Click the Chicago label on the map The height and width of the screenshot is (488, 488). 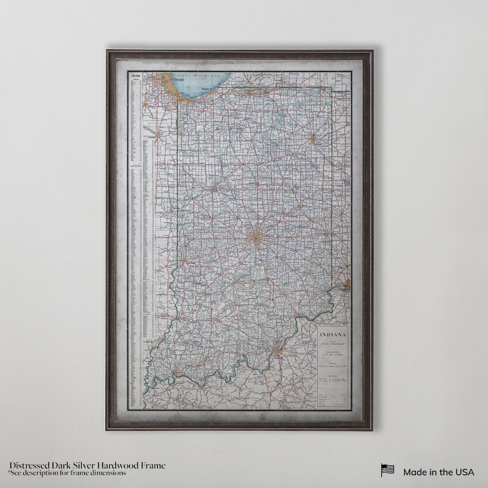point(179,80)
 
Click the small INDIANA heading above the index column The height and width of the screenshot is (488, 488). point(134,76)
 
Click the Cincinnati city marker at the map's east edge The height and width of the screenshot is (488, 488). point(346,284)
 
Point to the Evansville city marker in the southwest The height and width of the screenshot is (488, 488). point(174,373)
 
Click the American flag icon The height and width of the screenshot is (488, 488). point(387,471)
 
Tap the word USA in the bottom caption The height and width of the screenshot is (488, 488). point(464,472)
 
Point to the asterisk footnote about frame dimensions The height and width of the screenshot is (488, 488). point(67,473)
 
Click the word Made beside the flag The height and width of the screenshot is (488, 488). point(415,472)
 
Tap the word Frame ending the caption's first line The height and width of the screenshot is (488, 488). point(153,465)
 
